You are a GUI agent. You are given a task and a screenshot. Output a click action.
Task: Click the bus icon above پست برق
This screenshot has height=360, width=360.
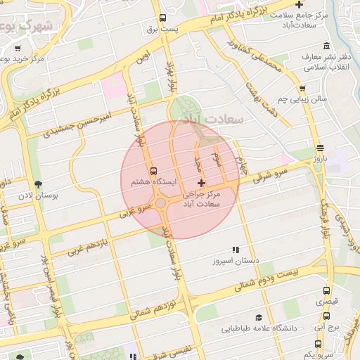(163, 18)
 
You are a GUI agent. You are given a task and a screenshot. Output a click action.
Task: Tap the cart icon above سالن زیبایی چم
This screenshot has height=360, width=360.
(302, 89)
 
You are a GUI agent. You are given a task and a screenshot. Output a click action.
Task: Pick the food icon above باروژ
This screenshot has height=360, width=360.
(321, 148)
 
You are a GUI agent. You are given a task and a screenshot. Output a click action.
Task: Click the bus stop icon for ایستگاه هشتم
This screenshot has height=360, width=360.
(153, 171)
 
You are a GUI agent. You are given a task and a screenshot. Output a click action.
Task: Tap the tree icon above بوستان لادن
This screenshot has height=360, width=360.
(37, 185)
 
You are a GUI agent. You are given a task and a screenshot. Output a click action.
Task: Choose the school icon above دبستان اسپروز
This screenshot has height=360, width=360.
(236, 250)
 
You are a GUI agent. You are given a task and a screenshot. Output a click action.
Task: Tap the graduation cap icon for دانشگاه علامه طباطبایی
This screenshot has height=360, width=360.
(259, 318)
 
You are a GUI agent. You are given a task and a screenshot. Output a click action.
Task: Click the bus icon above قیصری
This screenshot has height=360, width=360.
(326, 290)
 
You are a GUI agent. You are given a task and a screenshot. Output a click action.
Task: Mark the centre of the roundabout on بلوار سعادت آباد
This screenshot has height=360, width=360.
(161, 205)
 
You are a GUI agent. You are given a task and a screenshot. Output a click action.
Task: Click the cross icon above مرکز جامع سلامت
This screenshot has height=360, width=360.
(300, 4)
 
